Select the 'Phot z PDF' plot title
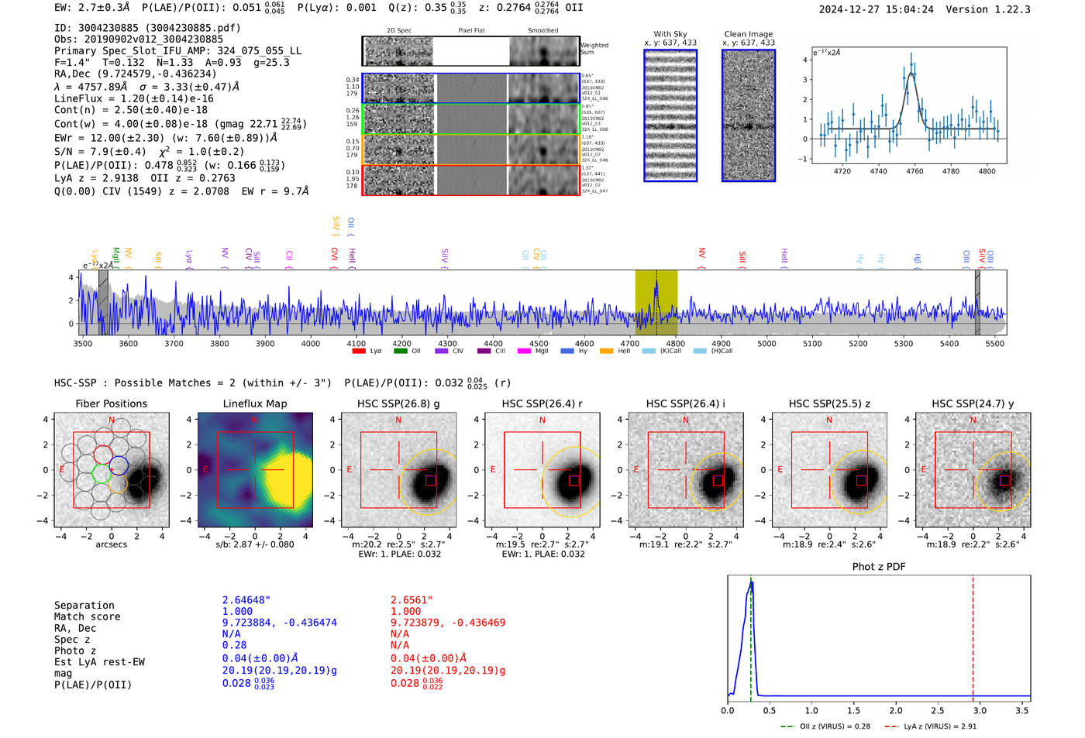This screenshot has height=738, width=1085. (x=878, y=567)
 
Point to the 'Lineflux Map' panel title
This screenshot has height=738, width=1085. (x=254, y=403)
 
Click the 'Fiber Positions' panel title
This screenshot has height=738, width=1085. (x=111, y=403)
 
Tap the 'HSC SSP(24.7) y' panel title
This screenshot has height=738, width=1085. (x=973, y=403)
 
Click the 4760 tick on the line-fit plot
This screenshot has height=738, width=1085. (x=914, y=171)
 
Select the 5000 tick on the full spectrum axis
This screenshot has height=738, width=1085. (x=766, y=343)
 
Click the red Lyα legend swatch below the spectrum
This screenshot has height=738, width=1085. (x=359, y=351)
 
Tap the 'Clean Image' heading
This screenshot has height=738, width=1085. (x=748, y=34)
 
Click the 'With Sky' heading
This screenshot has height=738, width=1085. (x=670, y=34)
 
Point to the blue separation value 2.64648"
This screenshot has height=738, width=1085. (x=246, y=600)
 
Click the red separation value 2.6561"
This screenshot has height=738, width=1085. (x=412, y=600)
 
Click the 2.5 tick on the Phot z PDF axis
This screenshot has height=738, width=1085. (x=937, y=710)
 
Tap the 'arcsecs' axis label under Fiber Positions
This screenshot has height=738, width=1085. (x=111, y=544)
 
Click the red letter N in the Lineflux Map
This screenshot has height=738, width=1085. (x=255, y=420)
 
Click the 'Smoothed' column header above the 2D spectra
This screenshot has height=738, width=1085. (x=542, y=30)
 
